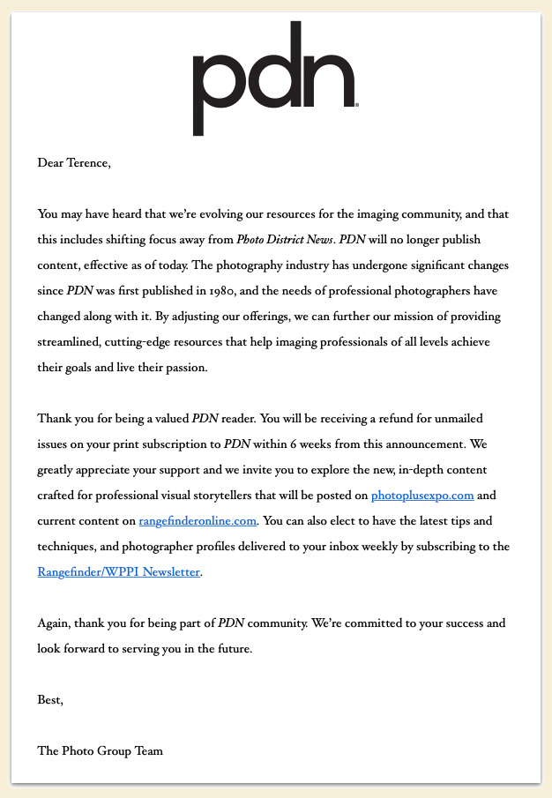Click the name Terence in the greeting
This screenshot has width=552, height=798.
(x=88, y=162)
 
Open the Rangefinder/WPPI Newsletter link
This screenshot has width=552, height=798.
(x=119, y=572)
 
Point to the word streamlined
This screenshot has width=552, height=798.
(x=70, y=342)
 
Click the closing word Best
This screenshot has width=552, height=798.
(x=50, y=700)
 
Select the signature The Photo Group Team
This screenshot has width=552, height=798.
(x=101, y=751)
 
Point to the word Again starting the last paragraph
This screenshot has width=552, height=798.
(x=55, y=623)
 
